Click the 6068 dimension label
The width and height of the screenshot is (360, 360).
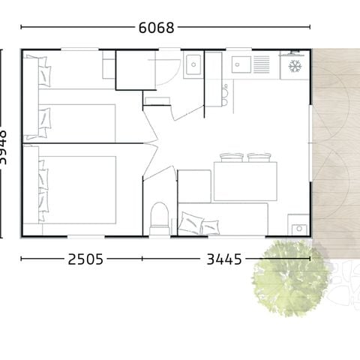coord(156,28)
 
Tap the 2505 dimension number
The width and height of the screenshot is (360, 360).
coord(85,259)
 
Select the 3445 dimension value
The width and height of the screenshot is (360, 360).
coord(224,259)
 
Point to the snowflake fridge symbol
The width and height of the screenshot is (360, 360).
coord(295,66)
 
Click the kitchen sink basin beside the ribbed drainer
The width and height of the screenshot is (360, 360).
coord(240,64)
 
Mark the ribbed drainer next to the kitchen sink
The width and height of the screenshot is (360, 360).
coord(261,64)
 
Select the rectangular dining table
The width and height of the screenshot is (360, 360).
coord(244,181)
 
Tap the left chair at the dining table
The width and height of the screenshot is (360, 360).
coord(232,157)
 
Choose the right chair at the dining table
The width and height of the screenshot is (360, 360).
coord(259,157)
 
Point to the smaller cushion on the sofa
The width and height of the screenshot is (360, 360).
coord(211,226)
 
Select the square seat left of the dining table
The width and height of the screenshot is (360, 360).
coord(194,185)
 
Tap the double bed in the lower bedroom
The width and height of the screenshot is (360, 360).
coord(75,189)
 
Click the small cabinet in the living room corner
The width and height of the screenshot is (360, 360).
coord(298,225)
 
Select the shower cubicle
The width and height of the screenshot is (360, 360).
coord(136,70)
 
